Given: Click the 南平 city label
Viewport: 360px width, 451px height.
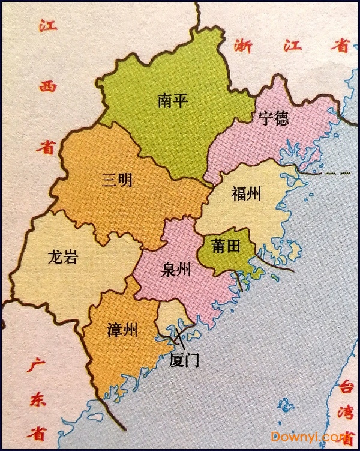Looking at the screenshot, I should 173,100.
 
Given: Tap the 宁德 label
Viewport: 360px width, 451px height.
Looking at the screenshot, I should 274,118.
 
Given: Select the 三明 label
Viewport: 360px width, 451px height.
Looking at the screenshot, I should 117,180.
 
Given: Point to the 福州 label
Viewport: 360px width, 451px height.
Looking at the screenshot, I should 246,193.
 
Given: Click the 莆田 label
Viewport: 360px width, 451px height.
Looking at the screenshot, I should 226,246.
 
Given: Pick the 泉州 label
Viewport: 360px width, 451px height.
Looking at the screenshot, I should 176,270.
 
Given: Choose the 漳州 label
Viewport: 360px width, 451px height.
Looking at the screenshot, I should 122,330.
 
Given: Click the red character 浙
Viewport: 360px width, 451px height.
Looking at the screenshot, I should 243,46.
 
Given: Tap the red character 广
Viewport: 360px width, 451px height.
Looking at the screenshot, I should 37,365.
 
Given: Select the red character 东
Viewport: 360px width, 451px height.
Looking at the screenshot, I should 38,401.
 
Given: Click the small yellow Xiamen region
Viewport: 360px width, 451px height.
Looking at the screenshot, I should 172,312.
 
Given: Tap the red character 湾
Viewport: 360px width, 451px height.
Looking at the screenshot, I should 347,413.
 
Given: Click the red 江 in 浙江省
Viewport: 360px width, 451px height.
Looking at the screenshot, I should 293,46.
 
